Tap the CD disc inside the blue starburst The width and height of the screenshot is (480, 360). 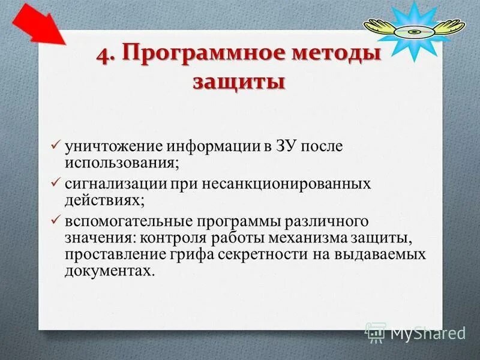click(414, 31)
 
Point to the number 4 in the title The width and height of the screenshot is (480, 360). click(103, 53)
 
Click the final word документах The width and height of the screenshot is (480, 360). click(109, 271)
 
